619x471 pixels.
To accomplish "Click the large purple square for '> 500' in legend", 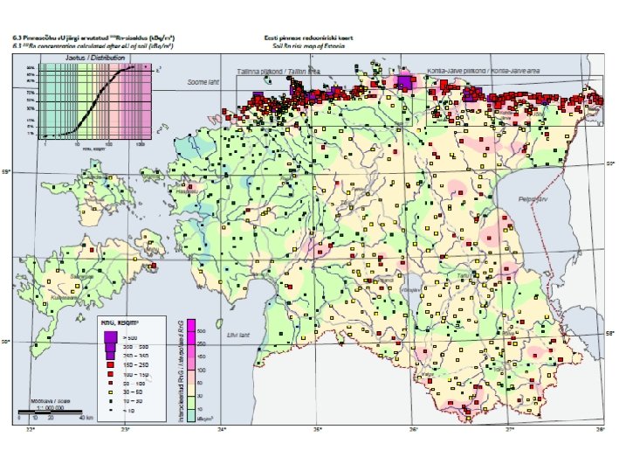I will tap(110, 336).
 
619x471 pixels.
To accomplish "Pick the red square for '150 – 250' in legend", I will tap(110, 366).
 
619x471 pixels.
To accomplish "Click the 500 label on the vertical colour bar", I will tap(200, 331).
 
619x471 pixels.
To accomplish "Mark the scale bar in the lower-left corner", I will tap(50, 412).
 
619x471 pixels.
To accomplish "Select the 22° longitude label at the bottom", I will tap(31, 429).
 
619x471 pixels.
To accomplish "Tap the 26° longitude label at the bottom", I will tap(413, 429).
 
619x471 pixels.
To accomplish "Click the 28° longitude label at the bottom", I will tap(600, 429).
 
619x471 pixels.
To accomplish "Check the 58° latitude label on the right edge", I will tap(610, 333).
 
